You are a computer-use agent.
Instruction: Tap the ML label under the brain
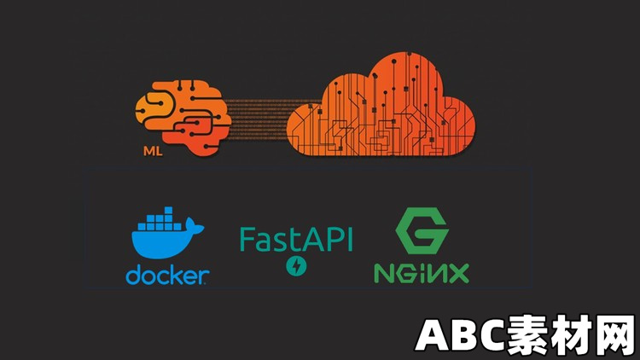click(154, 155)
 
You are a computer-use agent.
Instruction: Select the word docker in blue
click(167, 275)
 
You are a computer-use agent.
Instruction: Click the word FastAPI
click(295, 240)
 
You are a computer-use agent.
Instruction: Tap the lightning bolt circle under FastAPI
click(296, 267)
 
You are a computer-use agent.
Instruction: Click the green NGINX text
click(422, 273)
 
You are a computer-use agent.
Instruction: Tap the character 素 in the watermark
click(518, 335)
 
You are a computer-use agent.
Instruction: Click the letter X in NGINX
click(458, 273)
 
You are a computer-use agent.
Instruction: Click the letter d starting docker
click(133, 275)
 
